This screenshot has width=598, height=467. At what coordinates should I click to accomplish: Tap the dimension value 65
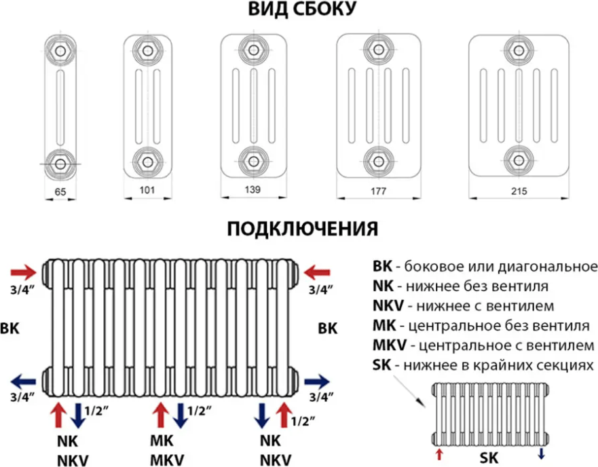click(x=60, y=193)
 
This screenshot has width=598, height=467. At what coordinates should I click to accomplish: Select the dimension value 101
click(x=147, y=191)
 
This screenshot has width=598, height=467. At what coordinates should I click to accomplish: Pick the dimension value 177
click(x=379, y=192)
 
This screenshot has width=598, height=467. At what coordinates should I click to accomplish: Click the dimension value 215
click(x=519, y=192)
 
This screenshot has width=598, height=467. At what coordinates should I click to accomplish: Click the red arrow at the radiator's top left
click(x=24, y=273)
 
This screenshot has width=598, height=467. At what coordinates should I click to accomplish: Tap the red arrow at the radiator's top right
click(x=316, y=273)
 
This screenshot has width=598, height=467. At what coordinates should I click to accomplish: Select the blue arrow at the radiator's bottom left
click(x=24, y=381)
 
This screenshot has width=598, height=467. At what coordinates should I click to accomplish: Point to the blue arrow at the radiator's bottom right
click(x=316, y=381)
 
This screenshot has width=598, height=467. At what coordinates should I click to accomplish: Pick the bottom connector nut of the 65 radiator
click(x=60, y=164)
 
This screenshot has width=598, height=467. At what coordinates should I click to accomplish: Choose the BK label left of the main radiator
click(x=10, y=328)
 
